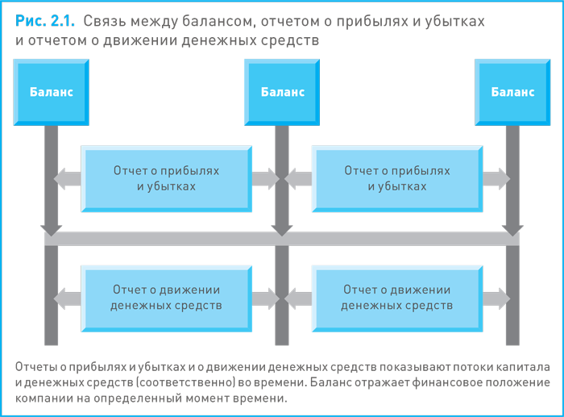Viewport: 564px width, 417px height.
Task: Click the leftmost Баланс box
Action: point(51,92)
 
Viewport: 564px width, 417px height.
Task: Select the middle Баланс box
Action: point(282,92)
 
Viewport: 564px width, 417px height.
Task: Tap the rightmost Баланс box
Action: point(512,92)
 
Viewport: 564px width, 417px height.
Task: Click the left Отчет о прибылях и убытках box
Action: point(166,178)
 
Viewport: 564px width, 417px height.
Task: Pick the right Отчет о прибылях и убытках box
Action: point(396,178)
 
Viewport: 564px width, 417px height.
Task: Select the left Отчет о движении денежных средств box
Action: point(166,298)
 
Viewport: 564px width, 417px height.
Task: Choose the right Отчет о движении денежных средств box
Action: point(396,298)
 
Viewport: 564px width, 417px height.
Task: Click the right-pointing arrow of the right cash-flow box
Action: point(496,298)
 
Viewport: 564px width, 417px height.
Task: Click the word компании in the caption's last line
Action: point(42,398)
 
